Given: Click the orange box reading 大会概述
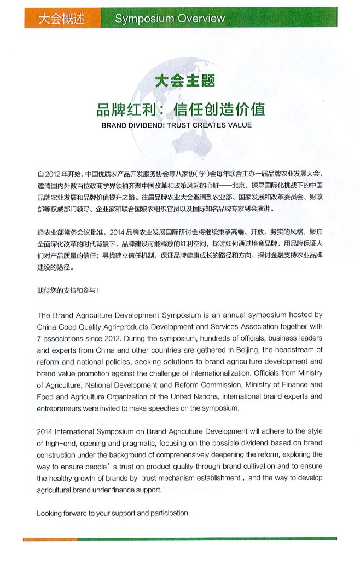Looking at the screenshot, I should (x=61, y=19).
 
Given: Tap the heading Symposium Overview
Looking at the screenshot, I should (x=170, y=19).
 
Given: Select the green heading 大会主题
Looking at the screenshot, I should (x=185, y=81).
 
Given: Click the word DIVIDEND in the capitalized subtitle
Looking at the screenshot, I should (x=143, y=125).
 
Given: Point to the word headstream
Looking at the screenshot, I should (x=300, y=350).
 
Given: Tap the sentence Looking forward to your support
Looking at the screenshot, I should (x=113, y=513).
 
